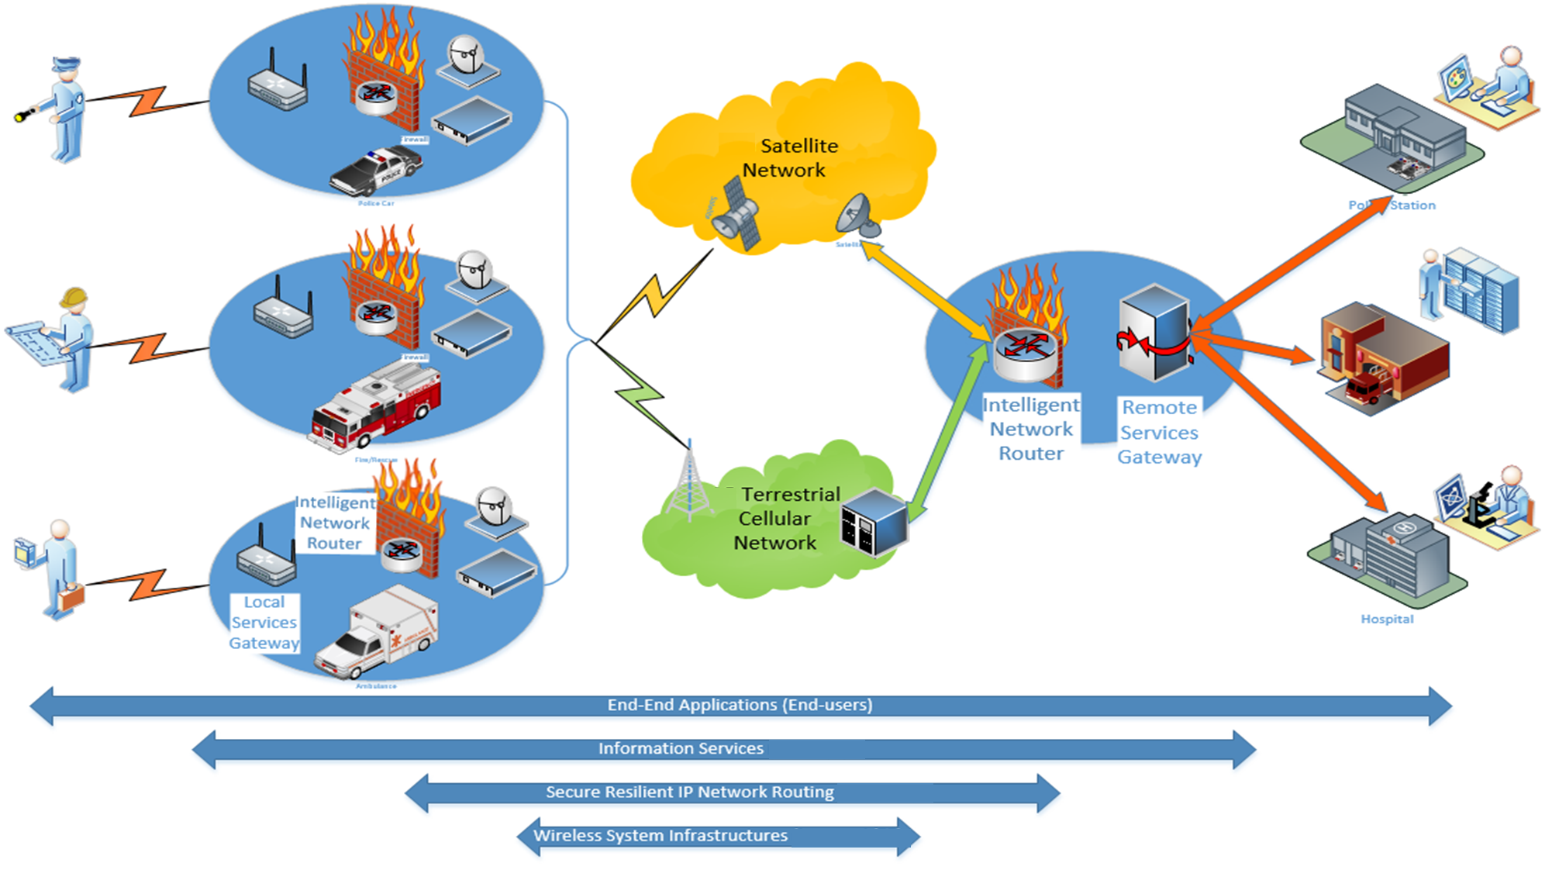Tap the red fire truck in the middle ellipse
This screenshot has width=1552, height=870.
tap(377, 407)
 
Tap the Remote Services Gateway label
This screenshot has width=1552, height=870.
tap(1159, 432)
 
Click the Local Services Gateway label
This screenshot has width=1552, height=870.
tap(264, 622)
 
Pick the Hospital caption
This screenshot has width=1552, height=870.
tap(1387, 619)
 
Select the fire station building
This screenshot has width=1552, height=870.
tap(1384, 357)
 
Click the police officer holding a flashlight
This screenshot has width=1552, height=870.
tap(62, 109)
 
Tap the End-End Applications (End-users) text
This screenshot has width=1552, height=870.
tap(740, 705)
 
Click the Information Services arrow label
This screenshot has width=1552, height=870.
tap(681, 748)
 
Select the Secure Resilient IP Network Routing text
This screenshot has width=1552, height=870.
tap(689, 792)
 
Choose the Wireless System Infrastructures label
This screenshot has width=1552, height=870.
tap(660, 835)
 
